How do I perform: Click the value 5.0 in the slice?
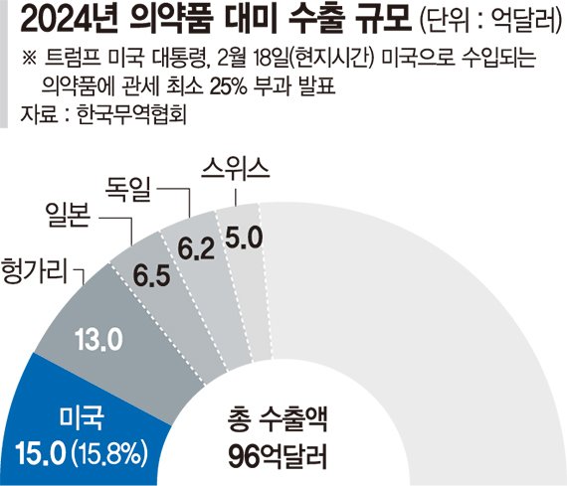[244, 239]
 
